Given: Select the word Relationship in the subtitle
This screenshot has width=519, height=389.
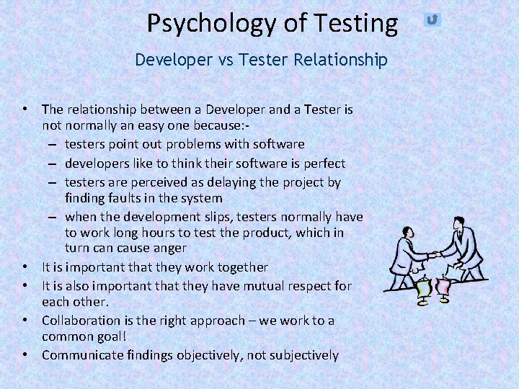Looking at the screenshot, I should pyautogui.click(x=340, y=60).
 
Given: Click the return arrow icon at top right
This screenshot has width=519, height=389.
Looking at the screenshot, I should pyautogui.click(x=432, y=19).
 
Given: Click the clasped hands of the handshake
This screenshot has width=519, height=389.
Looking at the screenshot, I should pyautogui.click(x=434, y=254).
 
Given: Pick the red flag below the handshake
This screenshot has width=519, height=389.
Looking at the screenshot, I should pyautogui.click(x=443, y=287).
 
